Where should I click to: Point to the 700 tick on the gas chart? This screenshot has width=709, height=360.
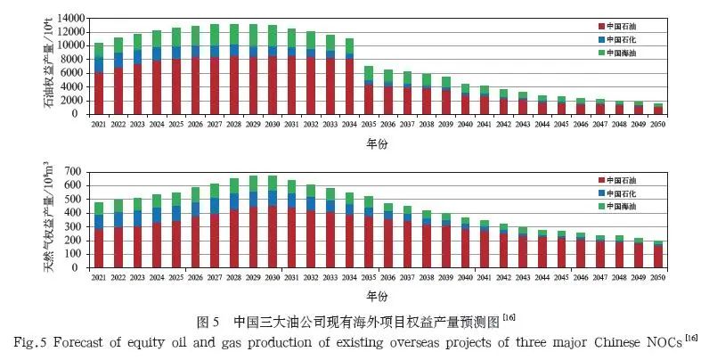77,171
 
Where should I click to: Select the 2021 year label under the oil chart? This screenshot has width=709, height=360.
99,124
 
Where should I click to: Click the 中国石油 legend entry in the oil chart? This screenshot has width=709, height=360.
628,29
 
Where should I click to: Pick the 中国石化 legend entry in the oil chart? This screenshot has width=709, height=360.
628,40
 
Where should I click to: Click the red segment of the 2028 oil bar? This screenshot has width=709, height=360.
234,86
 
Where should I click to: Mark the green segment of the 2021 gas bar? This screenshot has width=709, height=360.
99,208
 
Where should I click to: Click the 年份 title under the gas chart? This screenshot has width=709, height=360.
378,295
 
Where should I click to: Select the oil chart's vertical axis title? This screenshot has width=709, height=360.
44,67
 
